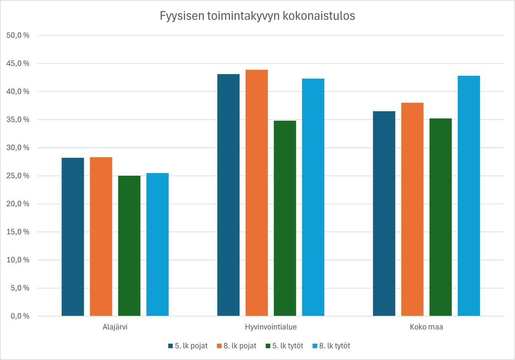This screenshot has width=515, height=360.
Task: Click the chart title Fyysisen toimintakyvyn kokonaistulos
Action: coord(257,16)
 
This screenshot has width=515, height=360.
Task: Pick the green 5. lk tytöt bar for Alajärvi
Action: coord(129,246)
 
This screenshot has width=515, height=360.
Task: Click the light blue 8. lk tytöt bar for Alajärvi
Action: coord(157,244)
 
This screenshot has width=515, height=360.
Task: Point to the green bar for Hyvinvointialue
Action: coord(285,218)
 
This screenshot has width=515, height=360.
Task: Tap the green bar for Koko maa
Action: coord(441,217)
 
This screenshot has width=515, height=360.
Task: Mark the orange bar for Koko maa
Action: coord(412,209)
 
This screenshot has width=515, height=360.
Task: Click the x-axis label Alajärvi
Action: coord(115,327)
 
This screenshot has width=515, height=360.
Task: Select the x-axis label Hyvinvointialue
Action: coord(271,327)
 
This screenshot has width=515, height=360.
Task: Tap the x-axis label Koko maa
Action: coord(426,327)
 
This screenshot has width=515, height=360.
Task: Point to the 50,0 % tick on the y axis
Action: coord(18,36)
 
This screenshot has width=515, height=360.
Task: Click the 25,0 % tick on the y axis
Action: coord(18,176)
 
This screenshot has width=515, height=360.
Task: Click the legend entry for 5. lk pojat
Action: coord(188,346)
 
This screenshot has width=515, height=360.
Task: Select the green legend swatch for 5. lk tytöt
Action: coord(268,346)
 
